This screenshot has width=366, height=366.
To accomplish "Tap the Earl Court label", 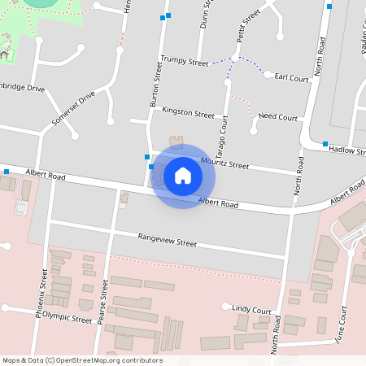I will (292, 78).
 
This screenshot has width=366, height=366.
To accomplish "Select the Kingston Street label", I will (188, 113).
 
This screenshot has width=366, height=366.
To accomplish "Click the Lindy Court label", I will (251, 310).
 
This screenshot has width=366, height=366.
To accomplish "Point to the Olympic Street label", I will (68, 319).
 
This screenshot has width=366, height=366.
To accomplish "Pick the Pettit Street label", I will (249, 24).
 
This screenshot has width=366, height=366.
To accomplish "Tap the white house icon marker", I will (183, 176).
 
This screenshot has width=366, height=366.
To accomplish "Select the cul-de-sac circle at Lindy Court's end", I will (226, 307).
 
